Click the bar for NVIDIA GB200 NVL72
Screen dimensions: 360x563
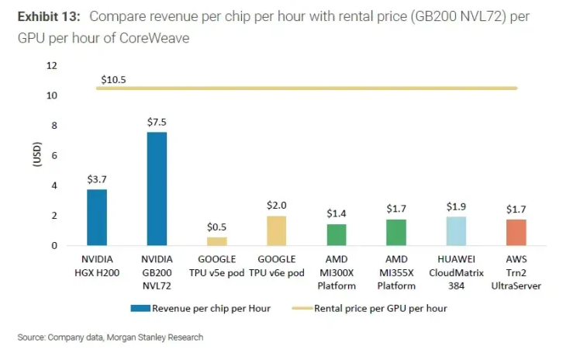coord(157,189)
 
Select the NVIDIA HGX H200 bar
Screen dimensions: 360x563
coord(97,217)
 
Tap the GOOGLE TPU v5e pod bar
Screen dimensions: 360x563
coord(216,241)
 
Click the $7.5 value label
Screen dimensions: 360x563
coord(157,122)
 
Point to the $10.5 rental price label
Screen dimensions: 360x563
coord(114,79)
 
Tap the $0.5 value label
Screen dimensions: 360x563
coord(216,227)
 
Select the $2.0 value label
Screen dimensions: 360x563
coord(277,206)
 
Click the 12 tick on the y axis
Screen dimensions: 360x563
coord(52,66)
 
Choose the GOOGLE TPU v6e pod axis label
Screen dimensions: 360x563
coord(277,265)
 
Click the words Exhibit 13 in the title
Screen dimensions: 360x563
coord(48,16)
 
